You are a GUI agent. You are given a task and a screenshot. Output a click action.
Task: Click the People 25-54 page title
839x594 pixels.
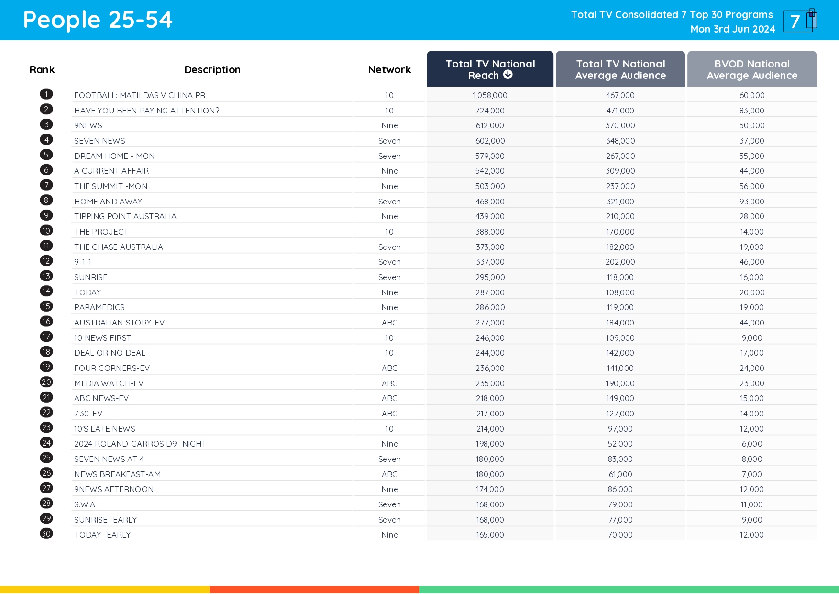(98, 20)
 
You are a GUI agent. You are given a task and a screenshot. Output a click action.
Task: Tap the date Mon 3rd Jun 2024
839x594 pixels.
(732, 29)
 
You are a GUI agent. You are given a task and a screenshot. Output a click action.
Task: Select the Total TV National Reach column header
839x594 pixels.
(490, 69)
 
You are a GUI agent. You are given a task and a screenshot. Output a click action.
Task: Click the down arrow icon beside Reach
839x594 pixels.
(508, 75)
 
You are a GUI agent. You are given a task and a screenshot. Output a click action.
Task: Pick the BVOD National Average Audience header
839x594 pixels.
(751, 69)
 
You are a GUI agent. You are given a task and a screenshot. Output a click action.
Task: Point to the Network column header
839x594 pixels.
(389, 70)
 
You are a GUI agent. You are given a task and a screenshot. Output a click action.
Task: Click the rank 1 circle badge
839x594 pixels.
(46, 94)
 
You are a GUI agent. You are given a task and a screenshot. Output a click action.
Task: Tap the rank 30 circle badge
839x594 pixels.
(46, 534)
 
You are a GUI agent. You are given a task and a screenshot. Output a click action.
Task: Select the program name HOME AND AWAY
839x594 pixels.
(108, 202)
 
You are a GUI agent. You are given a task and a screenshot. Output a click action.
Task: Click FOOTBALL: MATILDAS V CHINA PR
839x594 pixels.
(140, 95)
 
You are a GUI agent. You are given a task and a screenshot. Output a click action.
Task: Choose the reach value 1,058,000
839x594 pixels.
(490, 95)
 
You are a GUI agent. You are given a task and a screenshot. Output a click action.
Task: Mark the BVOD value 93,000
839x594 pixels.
(751, 202)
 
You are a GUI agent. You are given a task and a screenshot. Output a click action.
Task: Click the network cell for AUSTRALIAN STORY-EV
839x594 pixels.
(389, 323)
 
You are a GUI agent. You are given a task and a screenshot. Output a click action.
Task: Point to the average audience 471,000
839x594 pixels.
(620, 111)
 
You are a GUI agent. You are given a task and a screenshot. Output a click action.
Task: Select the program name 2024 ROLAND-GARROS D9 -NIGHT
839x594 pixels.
(140, 444)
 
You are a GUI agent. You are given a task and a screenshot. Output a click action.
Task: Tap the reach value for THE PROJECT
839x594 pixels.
(490, 232)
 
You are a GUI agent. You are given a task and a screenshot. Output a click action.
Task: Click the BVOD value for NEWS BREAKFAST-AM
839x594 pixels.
(751, 474)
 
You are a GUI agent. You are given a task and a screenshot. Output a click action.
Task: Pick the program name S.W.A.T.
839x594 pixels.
(88, 504)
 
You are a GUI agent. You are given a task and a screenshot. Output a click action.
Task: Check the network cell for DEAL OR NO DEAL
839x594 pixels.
(389, 353)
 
